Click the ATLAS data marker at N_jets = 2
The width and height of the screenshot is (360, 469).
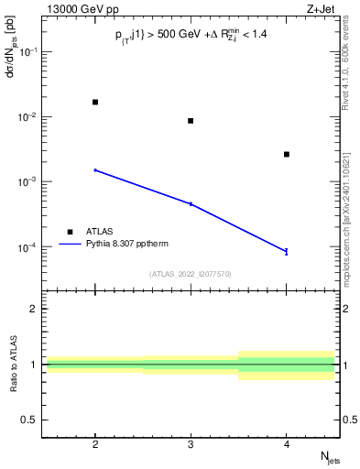pos(95,102)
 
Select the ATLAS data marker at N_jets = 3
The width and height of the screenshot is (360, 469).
pos(191,121)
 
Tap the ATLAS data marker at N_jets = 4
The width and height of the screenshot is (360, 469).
pos(287,154)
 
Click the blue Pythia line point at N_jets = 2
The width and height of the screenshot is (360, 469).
pos(95,170)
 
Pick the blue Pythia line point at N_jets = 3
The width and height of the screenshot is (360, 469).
pos(191,203)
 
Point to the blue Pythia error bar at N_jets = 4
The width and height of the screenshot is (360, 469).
pos(287,251)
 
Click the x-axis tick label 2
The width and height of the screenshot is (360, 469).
pos(95,443)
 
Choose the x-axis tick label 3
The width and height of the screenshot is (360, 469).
pos(191,443)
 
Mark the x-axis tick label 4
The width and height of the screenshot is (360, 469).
pos(287,443)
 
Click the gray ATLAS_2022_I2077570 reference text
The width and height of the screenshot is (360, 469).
pos(191,274)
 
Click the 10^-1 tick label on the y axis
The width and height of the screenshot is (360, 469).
pos(29,51)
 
